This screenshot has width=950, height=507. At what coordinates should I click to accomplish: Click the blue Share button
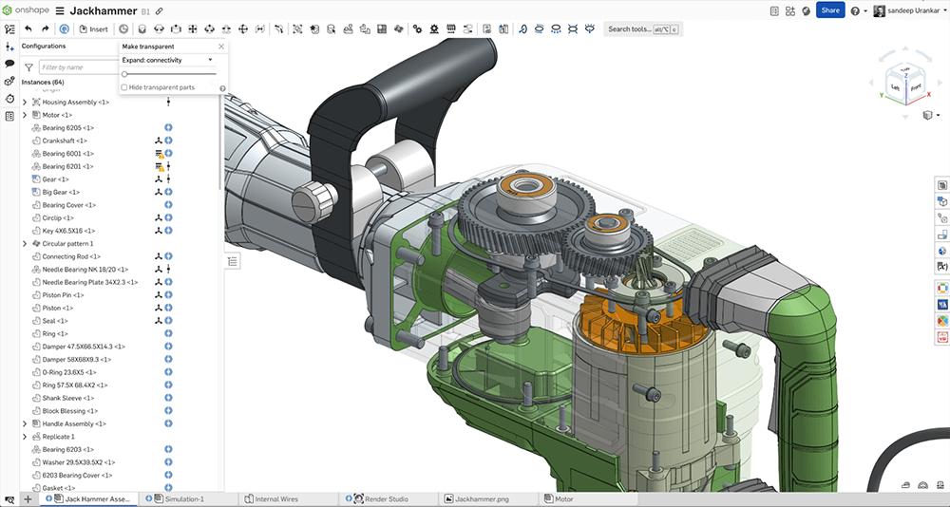coord(830,10)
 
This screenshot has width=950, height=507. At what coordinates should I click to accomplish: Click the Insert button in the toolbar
coord(94,29)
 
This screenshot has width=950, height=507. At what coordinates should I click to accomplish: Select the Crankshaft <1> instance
coord(65,141)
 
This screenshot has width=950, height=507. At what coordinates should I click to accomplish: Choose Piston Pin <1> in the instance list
coord(65,294)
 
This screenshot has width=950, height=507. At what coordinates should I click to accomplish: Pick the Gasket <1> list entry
coord(58,487)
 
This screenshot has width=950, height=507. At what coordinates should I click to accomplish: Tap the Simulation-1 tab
coord(184,498)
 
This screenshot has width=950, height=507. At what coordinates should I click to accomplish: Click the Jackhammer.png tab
coord(483,498)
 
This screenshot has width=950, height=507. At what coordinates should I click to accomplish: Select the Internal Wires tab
coord(276,498)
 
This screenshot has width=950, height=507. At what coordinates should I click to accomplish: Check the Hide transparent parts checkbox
coord(124,87)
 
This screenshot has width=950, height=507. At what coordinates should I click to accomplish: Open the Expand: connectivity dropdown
coord(167,60)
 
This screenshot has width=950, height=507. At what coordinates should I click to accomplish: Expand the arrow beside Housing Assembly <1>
coord(25,102)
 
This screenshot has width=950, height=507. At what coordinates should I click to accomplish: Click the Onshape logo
coord(25,10)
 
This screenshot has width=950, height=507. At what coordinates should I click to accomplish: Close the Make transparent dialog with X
coord(221,47)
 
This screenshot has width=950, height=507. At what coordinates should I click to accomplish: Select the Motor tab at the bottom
coord(563,498)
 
